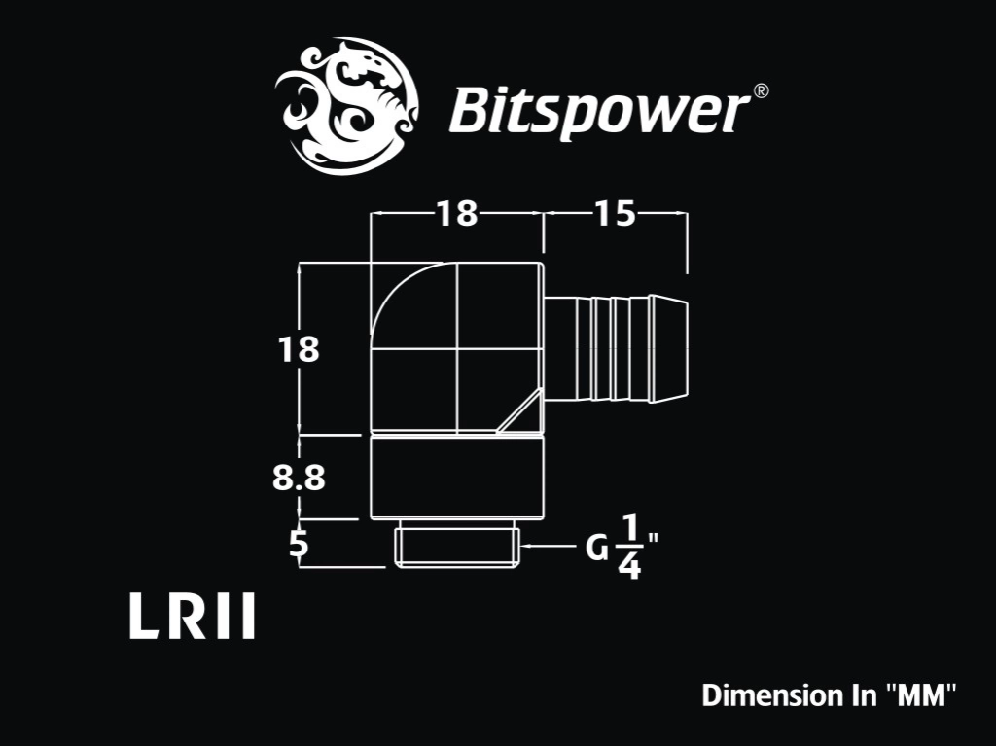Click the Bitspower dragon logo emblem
pos(346,106)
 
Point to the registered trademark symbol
pos(761,90)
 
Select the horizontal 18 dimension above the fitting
pos(457,213)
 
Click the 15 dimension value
pos(615,213)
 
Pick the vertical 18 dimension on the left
pos(299,349)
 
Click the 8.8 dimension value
pos(299,478)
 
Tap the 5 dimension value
pos(299,544)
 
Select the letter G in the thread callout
pos(597,548)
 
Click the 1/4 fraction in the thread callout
pos(629,547)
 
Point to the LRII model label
pos(192,616)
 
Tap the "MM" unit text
pos(921,694)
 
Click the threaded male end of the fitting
pos(457,548)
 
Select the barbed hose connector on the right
pos(616,349)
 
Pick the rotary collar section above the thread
pos(457,477)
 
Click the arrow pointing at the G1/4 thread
pos(548,546)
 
